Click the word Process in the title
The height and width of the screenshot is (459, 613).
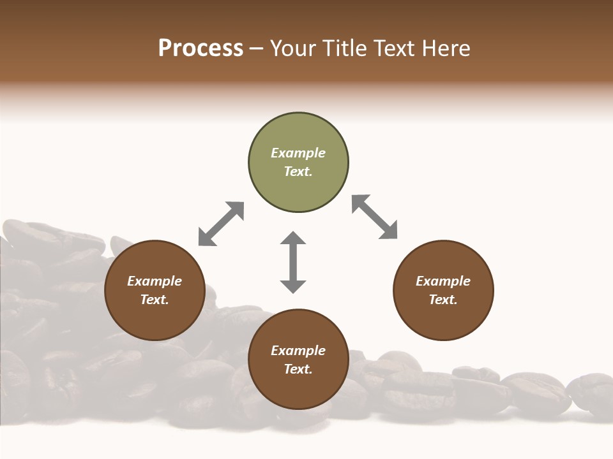click(x=201, y=48)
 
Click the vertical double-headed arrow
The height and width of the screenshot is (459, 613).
click(x=293, y=262)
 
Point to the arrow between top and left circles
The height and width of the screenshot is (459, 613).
click(x=221, y=224)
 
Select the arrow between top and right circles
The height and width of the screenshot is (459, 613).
click(x=375, y=217)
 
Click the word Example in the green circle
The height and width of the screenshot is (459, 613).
click(x=298, y=153)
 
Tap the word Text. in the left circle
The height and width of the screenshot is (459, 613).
click(x=155, y=300)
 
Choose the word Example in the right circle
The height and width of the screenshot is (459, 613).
click(x=443, y=281)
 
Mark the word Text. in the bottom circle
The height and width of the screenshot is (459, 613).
click(x=298, y=369)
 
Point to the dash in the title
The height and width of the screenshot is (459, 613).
click(x=256, y=49)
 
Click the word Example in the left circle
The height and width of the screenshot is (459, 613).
click(x=155, y=281)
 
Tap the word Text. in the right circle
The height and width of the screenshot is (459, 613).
click(x=443, y=300)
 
